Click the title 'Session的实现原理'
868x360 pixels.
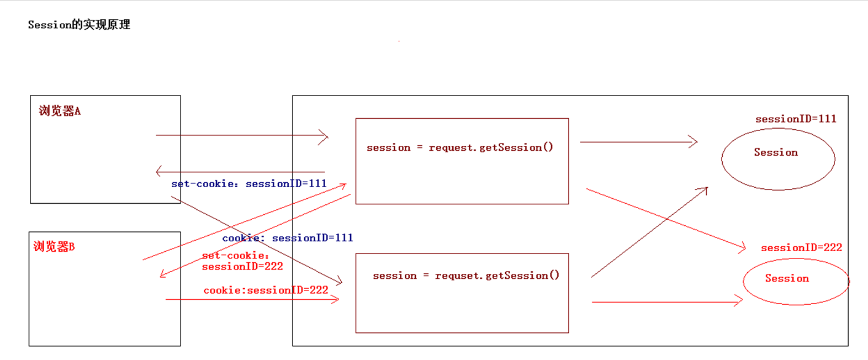(79, 25)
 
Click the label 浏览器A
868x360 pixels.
(60, 111)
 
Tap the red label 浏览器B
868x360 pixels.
(54, 247)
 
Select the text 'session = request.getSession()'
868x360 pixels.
(459, 147)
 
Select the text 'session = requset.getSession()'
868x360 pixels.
(465, 276)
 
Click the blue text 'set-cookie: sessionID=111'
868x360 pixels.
(248, 184)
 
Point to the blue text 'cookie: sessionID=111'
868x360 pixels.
(287, 238)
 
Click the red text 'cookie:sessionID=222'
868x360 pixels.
(266, 290)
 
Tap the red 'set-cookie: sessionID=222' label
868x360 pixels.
(242, 261)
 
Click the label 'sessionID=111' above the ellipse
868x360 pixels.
(795, 119)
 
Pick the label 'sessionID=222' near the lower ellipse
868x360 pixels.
(801, 248)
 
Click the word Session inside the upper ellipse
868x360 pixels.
(775, 152)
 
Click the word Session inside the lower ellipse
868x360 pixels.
(786, 278)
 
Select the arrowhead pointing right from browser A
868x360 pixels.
(325, 136)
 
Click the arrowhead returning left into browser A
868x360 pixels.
(158, 172)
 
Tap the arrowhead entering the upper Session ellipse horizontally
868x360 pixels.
(695, 142)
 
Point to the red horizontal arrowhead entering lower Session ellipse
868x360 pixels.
(740, 301)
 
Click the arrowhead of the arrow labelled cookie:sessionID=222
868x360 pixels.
(336, 299)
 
